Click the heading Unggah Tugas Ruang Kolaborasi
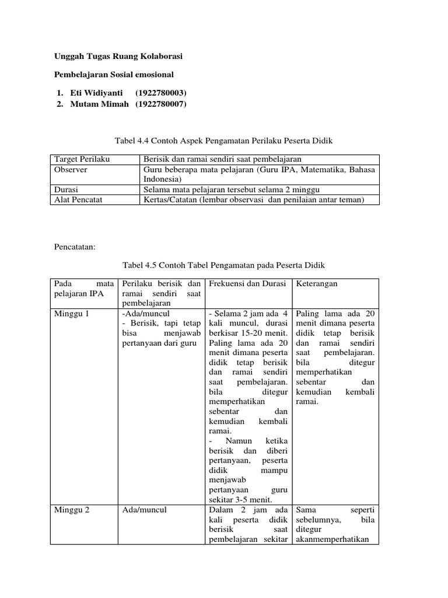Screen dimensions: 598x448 (118, 56)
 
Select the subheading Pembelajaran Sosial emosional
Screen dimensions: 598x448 (114, 75)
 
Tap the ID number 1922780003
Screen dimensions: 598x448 (161, 93)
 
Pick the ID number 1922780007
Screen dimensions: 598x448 (161, 104)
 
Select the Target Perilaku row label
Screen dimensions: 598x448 (82, 159)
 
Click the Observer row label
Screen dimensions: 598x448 (71, 169)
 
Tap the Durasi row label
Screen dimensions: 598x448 (66, 190)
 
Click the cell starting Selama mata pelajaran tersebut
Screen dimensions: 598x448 (231, 190)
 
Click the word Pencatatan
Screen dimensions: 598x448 (78, 247)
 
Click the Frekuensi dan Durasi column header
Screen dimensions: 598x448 (247, 283)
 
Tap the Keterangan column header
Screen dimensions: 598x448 (317, 283)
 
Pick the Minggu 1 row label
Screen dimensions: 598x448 (72, 314)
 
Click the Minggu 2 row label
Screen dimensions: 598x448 (72, 510)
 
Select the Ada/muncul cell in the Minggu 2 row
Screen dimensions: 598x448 (145, 510)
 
